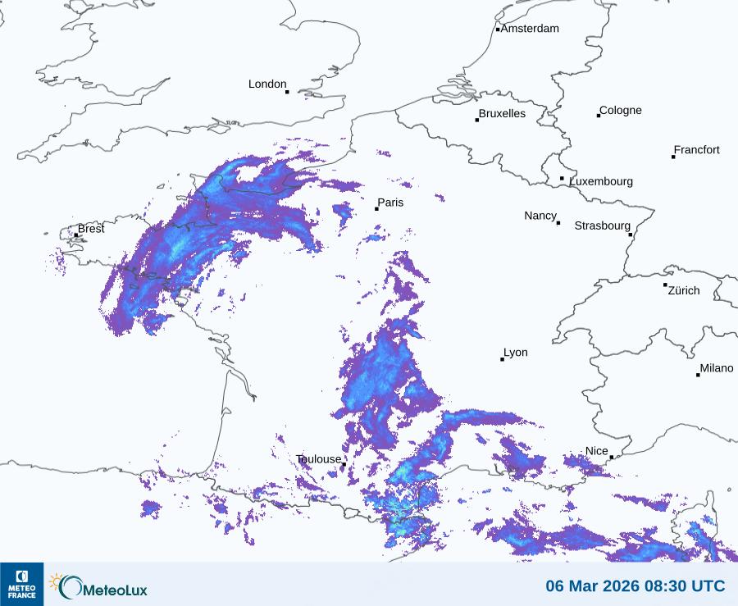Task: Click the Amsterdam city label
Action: pos(530,29)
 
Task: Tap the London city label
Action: pos(267,84)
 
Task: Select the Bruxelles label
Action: pos(502,114)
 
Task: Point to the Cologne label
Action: pos(621,111)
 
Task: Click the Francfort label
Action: pos(696,150)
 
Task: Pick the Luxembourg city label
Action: pos(601,181)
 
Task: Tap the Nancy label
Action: pos(540,216)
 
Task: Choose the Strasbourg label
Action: pos(602,226)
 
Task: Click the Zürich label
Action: pos(684,290)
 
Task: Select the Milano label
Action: pos(717,369)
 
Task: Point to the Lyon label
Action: pos(516,353)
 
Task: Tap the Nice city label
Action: pos(597,451)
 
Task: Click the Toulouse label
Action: pos(318,459)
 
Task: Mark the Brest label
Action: pos(91,229)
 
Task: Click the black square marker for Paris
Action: pos(376,209)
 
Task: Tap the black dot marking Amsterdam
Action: pos(498,30)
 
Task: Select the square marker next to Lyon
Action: pos(503,359)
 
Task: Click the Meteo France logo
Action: pos(21,584)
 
